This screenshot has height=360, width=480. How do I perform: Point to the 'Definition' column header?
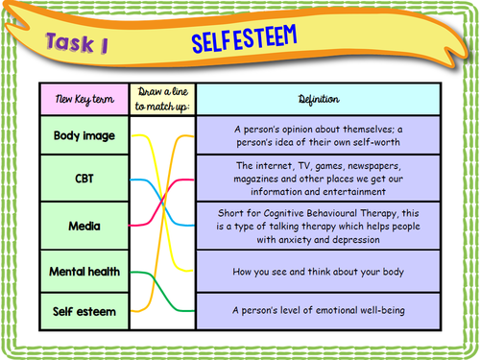(317, 100)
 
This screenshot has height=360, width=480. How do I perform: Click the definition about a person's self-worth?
(317, 135)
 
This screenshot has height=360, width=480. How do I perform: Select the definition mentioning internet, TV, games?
(317, 180)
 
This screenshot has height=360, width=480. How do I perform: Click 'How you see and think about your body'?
(317, 273)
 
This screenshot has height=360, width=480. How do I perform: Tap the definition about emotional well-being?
(317, 311)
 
